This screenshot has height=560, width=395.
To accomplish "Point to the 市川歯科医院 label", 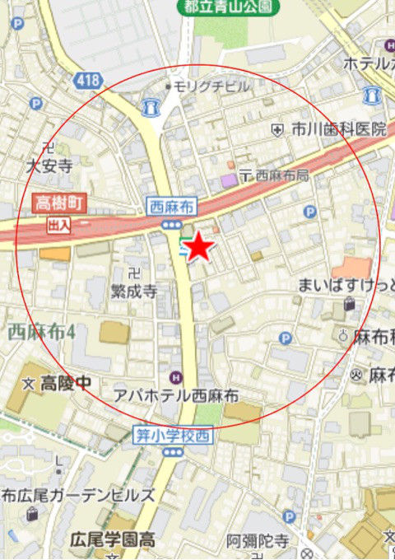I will pyautogui.click(x=337, y=129).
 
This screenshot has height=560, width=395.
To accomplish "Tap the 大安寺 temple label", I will pyautogui.click(x=49, y=166).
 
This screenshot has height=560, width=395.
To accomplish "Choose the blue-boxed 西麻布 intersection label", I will pyautogui.click(x=170, y=207).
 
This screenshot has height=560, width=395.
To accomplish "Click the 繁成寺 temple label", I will pyautogui.click(x=133, y=291).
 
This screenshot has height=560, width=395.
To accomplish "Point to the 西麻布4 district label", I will pyautogui.click(x=41, y=333).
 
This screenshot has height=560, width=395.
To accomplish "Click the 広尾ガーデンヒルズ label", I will pyautogui.click(x=79, y=495).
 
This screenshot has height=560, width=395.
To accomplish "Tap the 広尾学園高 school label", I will pyautogui.click(x=112, y=539).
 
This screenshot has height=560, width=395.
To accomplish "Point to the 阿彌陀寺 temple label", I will pyautogui.click(x=258, y=540).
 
